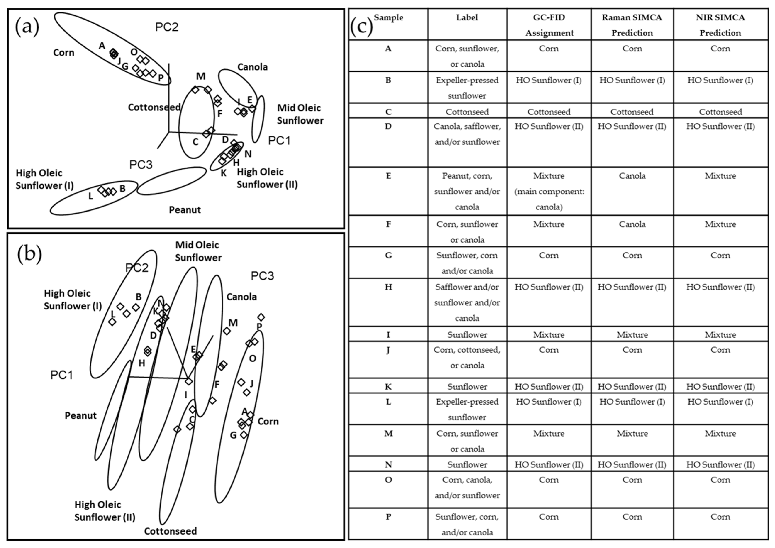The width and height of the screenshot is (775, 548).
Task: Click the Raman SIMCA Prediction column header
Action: (x=632, y=25)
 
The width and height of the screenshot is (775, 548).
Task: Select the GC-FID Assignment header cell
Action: (x=549, y=25)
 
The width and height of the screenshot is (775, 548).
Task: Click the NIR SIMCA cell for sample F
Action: (x=720, y=224)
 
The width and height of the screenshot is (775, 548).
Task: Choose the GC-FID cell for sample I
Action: (x=549, y=335)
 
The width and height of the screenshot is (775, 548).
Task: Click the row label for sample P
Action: (x=388, y=517)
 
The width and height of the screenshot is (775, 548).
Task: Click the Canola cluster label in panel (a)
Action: (x=252, y=67)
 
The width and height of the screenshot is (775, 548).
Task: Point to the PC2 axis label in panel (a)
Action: (x=167, y=27)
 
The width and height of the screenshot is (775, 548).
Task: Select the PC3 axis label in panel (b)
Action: (x=262, y=276)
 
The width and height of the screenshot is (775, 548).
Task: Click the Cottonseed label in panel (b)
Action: (x=171, y=531)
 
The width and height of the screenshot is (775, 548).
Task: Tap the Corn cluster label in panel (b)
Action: (x=268, y=421)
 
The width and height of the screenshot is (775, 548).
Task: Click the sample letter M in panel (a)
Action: (x=201, y=76)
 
